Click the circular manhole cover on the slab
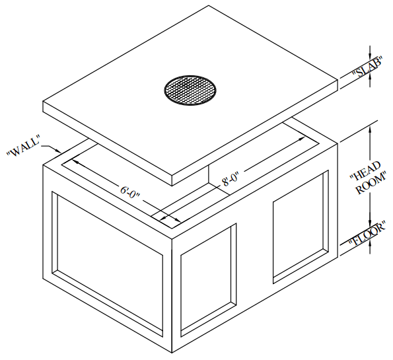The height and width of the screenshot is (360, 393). point(190,90)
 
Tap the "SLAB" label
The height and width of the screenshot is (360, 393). point(367,67)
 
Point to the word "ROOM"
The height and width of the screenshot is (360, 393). point(371,182)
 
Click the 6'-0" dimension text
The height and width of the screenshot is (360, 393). point(130,192)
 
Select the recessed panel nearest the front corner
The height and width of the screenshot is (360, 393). point(208,280)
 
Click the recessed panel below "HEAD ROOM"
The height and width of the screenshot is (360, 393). point(301,227)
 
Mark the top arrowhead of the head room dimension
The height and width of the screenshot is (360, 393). point(369,130)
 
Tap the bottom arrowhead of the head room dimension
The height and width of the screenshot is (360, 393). point(369,223)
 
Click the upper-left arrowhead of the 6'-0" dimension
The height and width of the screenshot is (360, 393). point(76,161)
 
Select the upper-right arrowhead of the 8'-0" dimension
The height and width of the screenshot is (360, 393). point(301,139)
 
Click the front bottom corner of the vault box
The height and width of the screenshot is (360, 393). point(172,353)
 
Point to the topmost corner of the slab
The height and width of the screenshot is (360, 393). point(209,5)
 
